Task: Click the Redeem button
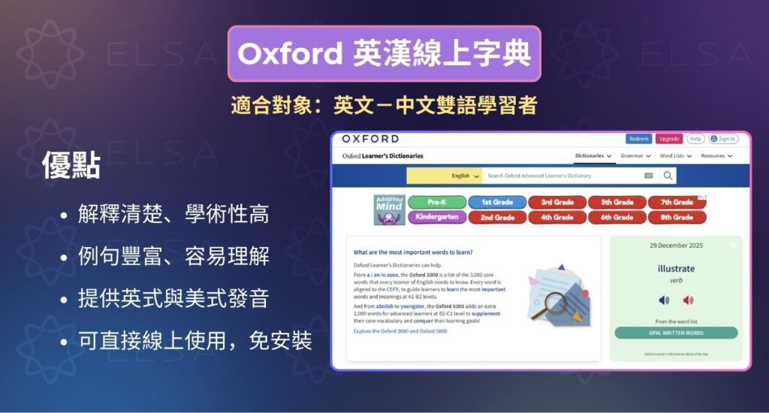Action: [638, 139]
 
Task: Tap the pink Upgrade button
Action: [669, 139]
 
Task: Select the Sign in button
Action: [723, 139]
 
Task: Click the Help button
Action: [695, 139]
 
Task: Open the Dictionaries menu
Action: [593, 156]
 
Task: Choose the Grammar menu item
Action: [635, 156]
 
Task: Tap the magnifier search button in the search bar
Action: [668, 176]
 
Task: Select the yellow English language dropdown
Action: [444, 176]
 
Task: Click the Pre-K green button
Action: [436, 202]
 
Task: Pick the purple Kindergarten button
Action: [436, 217]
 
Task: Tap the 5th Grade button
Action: [617, 202]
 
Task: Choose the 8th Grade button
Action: [677, 217]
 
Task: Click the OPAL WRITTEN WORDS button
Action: [676, 333]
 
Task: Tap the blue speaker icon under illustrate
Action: [664, 300]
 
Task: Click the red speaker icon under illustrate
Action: [687, 300]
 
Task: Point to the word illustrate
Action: [676, 268]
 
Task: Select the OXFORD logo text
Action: [370, 139]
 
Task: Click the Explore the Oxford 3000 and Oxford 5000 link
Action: [400, 330]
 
